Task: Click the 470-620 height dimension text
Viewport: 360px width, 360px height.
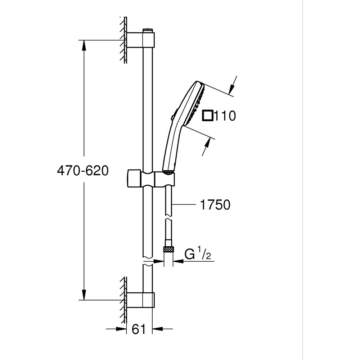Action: (x=82, y=171)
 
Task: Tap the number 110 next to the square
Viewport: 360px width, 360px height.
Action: (x=225, y=116)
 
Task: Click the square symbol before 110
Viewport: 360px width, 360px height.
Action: (x=208, y=116)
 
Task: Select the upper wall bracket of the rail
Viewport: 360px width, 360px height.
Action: (x=141, y=40)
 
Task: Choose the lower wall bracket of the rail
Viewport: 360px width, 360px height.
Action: (x=141, y=300)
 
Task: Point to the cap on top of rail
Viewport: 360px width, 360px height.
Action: (x=147, y=30)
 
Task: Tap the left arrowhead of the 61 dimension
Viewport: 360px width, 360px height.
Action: (x=121, y=329)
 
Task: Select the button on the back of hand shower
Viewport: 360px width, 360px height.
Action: (x=173, y=116)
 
